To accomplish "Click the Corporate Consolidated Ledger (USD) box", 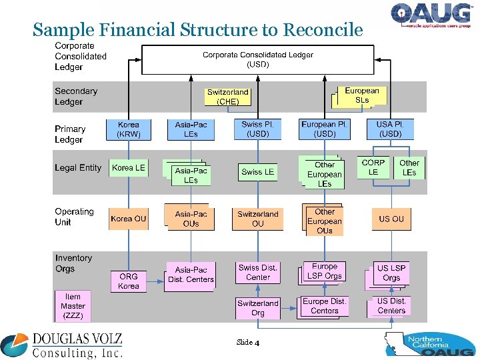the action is coord(258,59).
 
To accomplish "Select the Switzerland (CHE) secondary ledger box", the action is coord(228,97).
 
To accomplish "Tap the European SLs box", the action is coord(361,95).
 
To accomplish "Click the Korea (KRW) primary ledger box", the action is coord(129,129).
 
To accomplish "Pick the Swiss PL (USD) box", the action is coord(258,129).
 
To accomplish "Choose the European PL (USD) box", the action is coord(325,129).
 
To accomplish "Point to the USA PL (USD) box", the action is coord(390,129).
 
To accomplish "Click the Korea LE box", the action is coord(129,168).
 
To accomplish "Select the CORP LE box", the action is coord(373,167).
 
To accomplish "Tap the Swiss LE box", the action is coord(258,172).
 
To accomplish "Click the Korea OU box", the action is coord(129,219).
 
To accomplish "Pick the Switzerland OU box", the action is coord(258,219).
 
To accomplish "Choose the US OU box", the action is coord(391,219).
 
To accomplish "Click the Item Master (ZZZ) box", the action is coord(73,306).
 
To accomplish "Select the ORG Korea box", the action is coord(129,281).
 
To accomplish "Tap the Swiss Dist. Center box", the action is coord(258,273).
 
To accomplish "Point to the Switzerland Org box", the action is coord(258,308).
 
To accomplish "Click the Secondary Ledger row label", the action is coord(76,97).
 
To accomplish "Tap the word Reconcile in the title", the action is coord(323,30).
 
